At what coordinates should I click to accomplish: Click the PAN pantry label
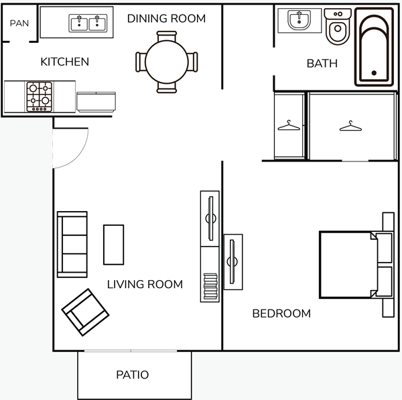click(x=19, y=23)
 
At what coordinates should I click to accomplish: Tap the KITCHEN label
click(x=64, y=62)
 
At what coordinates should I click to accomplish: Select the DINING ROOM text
click(x=166, y=19)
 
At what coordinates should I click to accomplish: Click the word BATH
click(x=322, y=64)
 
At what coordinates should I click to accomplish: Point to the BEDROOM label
click(x=281, y=314)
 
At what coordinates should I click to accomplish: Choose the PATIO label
click(x=132, y=375)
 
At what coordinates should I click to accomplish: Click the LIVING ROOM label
click(x=145, y=284)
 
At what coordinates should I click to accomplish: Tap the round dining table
click(x=167, y=62)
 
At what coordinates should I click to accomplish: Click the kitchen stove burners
click(x=40, y=96)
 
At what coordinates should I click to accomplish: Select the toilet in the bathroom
click(x=338, y=26)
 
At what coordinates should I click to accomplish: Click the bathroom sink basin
click(x=299, y=19)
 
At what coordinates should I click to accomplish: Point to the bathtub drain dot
click(x=374, y=73)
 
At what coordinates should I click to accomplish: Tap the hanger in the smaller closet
click(x=289, y=126)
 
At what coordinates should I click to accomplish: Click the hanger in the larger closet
click(x=350, y=126)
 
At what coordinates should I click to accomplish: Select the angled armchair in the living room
click(x=85, y=312)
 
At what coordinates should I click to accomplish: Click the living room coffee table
click(x=114, y=245)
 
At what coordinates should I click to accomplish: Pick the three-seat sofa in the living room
click(x=72, y=245)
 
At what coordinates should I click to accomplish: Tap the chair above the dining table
click(x=167, y=36)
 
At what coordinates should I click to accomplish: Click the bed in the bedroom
click(x=356, y=265)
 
